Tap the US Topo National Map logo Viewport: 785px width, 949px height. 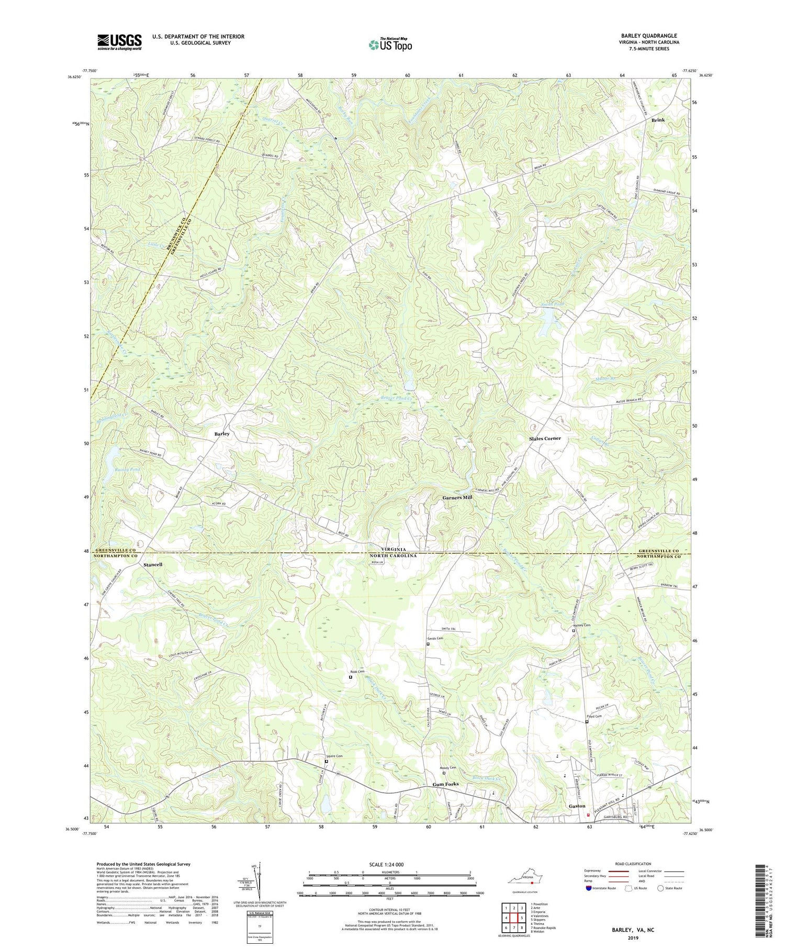click(x=389, y=44)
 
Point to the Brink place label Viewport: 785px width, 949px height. click(x=658, y=120)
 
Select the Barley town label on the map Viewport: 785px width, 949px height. click(x=221, y=434)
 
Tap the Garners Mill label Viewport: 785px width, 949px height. click(x=457, y=498)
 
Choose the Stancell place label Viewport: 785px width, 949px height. click(x=153, y=565)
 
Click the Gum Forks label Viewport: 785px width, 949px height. click(x=446, y=784)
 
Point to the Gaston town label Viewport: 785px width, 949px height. click(x=577, y=806)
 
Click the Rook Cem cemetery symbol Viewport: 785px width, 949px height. click(x=351, y=677)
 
